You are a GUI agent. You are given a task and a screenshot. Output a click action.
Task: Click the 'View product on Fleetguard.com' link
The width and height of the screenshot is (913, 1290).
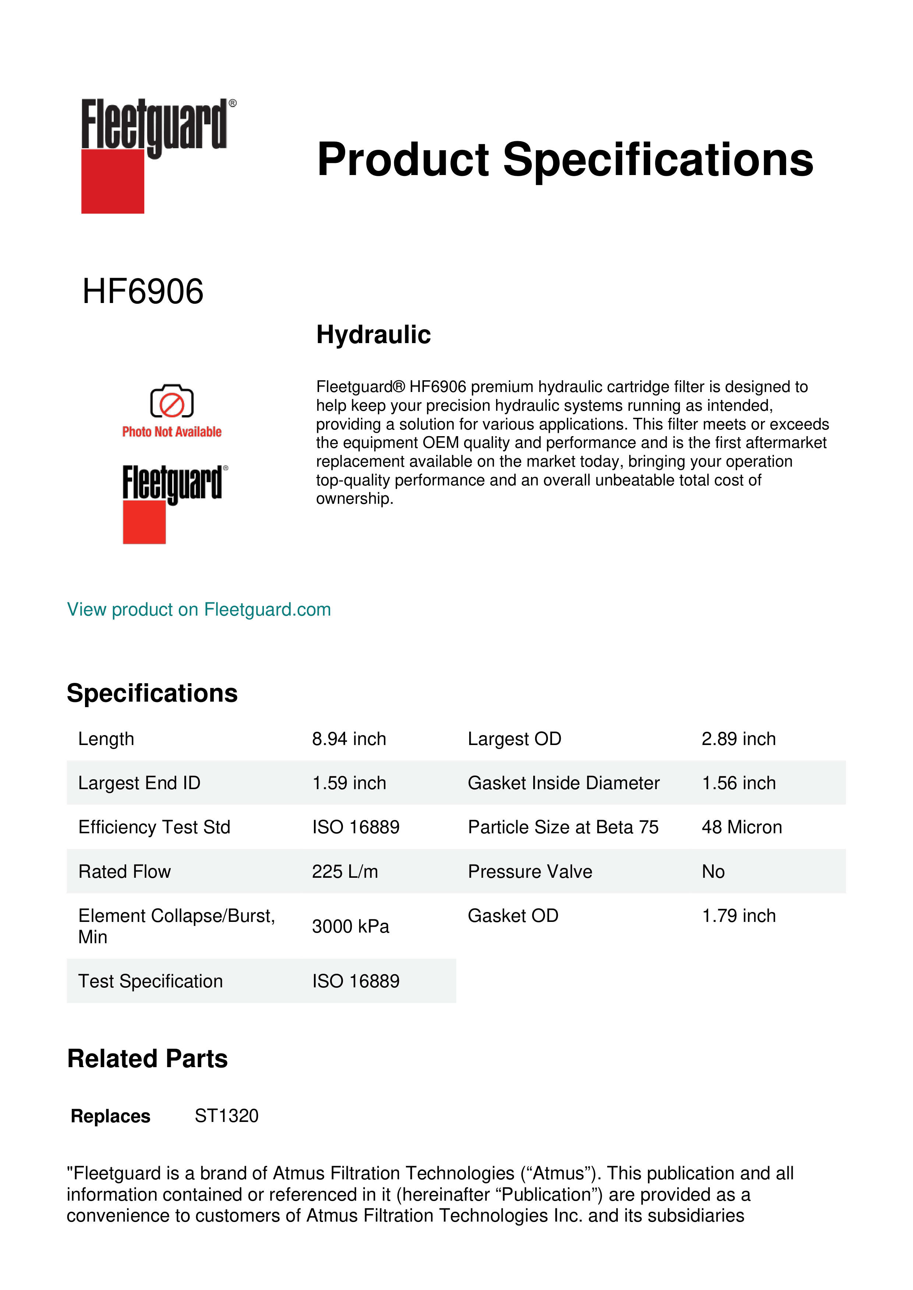198,610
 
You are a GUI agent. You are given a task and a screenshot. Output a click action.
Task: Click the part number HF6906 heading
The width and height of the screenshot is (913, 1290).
143,292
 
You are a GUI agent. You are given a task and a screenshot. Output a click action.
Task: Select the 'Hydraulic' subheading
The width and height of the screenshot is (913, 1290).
373,335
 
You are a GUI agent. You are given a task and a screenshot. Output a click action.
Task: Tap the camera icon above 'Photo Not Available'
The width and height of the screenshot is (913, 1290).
171,402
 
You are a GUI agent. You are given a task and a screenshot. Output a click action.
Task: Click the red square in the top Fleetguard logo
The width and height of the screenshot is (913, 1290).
113,182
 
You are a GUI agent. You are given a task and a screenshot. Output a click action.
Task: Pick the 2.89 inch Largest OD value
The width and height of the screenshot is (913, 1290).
738,739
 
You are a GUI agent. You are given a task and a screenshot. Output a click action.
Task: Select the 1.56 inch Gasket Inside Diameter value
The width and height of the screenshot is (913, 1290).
738,783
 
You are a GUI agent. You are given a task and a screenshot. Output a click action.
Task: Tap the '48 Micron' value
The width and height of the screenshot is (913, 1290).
742,827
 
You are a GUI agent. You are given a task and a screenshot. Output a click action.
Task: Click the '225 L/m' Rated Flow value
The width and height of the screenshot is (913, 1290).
344,872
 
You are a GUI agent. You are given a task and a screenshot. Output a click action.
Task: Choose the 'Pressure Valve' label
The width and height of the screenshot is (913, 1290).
530,872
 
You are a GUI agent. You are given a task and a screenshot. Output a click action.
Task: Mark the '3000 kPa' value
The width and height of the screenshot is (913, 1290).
350,926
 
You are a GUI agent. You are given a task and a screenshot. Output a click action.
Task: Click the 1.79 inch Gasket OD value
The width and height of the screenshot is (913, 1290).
738,916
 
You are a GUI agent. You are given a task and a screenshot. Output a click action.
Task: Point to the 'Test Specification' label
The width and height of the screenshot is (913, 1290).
150,981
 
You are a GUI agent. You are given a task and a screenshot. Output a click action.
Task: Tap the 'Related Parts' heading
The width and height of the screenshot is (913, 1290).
147,1059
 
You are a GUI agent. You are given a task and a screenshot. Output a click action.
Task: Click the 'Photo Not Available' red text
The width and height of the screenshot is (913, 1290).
171,431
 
